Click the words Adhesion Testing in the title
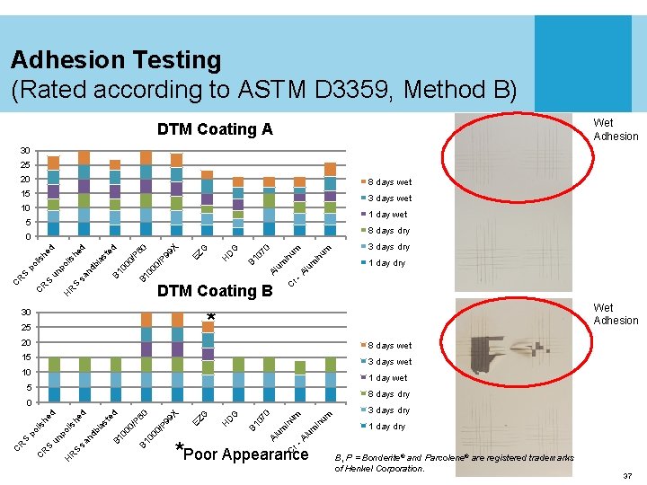coord(116,60)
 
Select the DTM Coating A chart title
coord(215,129)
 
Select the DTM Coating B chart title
coord(215,290)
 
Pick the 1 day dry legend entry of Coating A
coord(386,263)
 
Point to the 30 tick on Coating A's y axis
coord(27,151)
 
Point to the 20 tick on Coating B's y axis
coord(27,343)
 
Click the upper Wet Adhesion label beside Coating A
coord(616,129)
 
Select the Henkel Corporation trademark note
coord(454,463)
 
